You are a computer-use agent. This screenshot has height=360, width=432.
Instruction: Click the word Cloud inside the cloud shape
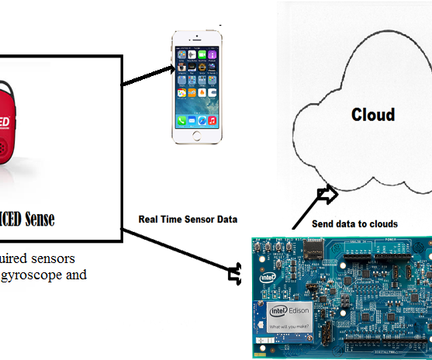tap(372, 115)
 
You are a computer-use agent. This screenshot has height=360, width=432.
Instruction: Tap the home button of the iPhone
tap(196, 137)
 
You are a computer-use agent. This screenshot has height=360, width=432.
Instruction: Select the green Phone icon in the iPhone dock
tap(181, 121)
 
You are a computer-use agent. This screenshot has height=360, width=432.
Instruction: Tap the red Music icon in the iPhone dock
tap(211, 121)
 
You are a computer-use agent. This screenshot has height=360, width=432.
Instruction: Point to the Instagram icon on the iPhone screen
tap(181, 68)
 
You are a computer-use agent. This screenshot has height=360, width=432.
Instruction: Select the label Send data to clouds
tap(354, 224)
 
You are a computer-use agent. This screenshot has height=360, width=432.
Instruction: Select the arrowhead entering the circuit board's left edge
tap(236, 272)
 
